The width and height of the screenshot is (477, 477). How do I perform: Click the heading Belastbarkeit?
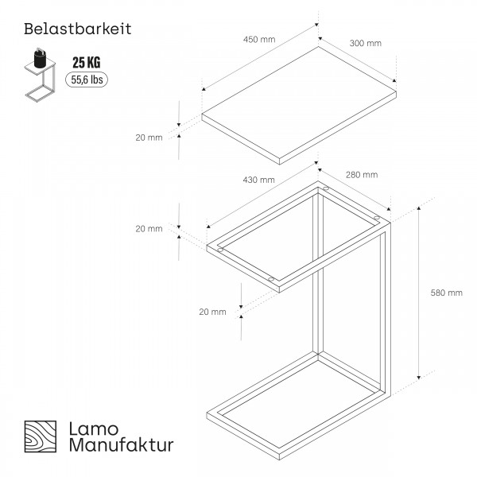78,29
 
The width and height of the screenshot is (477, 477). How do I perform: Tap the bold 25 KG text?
87,62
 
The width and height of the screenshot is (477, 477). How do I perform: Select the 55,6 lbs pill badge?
87,79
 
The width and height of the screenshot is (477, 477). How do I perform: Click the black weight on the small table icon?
40,58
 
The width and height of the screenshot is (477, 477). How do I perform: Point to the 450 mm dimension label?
259,40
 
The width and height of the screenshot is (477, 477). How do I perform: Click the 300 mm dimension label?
366,43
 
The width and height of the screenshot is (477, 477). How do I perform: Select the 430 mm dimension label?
258,180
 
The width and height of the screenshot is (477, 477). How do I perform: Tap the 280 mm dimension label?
362,175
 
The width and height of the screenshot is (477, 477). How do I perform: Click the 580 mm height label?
446,293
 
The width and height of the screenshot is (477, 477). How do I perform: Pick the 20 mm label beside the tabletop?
149,138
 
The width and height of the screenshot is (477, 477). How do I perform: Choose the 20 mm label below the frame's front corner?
212,312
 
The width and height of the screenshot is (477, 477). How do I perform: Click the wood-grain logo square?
41,436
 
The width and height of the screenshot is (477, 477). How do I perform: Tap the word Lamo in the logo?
94,429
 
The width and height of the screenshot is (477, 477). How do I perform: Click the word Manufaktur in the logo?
122,444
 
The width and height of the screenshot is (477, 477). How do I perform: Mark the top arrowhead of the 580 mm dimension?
419,208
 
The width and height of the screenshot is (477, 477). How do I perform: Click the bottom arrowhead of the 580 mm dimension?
419,377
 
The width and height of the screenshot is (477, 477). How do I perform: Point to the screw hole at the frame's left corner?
220,250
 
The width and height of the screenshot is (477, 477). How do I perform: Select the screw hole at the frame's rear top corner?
326,189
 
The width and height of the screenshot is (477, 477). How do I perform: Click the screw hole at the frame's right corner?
377,218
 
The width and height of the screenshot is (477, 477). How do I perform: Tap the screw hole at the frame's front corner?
271,279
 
